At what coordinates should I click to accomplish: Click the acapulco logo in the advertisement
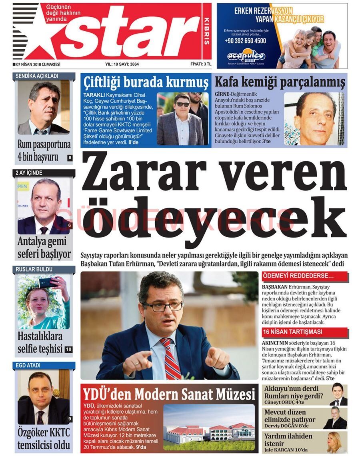click(x=246, y=56)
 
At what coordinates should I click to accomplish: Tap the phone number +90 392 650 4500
click(x=245, y=41)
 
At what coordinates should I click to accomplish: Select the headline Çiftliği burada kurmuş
click(x=146, y=83)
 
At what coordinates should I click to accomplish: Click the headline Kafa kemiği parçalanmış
click(x=280, y=82)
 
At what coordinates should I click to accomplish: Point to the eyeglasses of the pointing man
click(x=162, y=306)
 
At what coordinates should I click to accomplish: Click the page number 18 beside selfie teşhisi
click(x=68, y=349)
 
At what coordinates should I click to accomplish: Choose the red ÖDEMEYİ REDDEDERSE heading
click(x=298, y=276)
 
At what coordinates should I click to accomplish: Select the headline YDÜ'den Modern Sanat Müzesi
click(x=169, y=394)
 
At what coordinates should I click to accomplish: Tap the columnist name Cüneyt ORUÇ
click(x=280, y=402)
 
